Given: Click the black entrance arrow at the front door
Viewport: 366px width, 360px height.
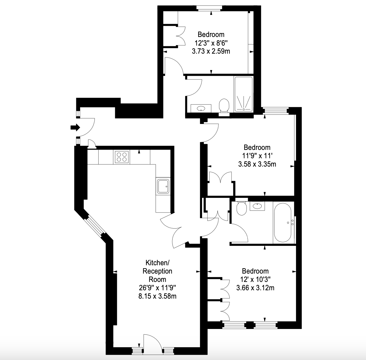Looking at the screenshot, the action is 75,127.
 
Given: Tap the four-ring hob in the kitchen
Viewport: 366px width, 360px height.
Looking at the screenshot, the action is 122,157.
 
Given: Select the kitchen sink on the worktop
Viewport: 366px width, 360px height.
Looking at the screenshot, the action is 163,186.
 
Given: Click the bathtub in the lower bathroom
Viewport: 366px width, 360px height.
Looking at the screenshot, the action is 283,222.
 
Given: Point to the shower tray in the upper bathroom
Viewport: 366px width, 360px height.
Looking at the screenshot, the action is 244,94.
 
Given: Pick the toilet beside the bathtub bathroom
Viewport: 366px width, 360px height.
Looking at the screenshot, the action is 242,207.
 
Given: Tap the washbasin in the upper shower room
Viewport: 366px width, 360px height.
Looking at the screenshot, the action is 201,108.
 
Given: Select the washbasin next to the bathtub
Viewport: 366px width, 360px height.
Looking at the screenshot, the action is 257,206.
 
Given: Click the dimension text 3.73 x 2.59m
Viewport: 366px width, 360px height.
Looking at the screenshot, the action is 211,51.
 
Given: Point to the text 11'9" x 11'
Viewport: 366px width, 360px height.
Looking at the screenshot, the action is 257,156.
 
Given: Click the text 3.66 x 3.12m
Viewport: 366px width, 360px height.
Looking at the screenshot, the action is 255,288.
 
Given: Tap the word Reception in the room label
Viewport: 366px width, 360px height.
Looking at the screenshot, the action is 157,271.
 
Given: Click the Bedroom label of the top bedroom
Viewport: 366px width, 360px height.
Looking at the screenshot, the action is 211,35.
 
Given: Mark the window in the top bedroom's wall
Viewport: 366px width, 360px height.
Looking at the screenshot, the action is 209,8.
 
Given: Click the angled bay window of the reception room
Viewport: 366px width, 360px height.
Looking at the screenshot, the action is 95,226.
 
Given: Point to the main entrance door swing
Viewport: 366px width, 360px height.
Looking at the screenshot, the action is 86,127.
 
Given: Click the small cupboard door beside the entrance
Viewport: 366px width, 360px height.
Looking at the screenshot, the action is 92,144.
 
